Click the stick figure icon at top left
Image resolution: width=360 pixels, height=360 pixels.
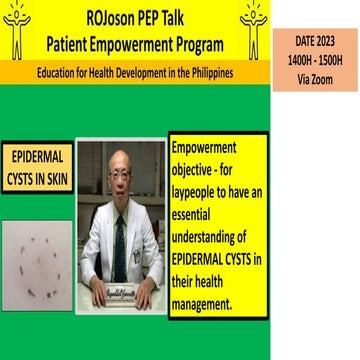[x=17, y=29]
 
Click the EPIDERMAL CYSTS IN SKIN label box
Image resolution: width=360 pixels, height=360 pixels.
[x=37, y=166]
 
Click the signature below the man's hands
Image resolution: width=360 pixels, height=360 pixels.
[x=120, y=299]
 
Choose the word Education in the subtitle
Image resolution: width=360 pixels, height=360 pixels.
[x=57, y=72]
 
